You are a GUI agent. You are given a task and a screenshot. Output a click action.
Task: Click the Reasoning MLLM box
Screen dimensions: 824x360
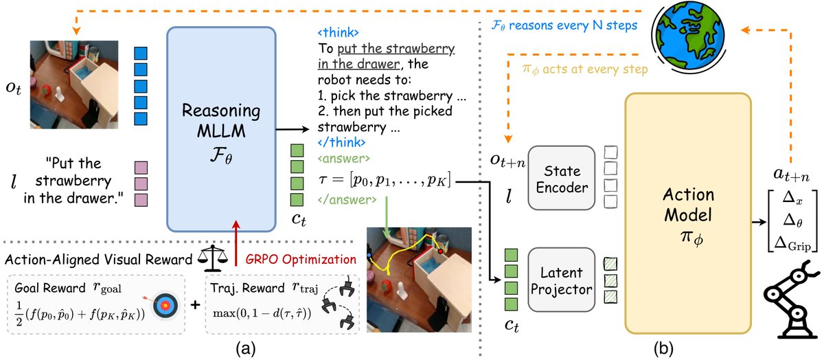[x=221, y=129]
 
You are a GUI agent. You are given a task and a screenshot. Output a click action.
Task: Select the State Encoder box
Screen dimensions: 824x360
[x=562, y=178]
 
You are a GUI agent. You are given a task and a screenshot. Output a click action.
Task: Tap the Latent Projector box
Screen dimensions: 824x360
[x=562, y=280]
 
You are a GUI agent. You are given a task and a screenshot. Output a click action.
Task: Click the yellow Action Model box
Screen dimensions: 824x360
[x=688, y=214]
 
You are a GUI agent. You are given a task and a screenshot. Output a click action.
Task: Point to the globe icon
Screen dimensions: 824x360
[x=688, y=35]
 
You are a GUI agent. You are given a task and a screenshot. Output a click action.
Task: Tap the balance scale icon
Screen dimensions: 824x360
[x=213, y=259]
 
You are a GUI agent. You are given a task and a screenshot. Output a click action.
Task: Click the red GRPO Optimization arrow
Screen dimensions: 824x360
[x=236, y=243]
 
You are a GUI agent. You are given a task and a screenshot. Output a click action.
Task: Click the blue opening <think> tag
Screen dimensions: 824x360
[x=338, y=32]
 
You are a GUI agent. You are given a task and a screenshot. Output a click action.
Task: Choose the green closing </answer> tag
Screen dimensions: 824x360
[x=347, y=199]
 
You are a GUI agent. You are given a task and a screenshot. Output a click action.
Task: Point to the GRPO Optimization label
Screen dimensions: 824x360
[x=301, y=260]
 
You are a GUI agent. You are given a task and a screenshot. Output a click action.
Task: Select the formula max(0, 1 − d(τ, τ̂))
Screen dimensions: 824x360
[x=262, y=313]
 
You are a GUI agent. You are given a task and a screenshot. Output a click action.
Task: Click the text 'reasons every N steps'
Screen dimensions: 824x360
[x=573, y=25]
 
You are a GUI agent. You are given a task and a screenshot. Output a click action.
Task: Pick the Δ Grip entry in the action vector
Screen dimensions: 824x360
[x=792, y=244]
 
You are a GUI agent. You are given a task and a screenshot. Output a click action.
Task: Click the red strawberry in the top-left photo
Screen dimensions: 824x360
[x=47, y=89]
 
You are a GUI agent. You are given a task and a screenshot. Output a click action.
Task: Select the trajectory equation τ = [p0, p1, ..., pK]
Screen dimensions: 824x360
[x=385, y=180]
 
